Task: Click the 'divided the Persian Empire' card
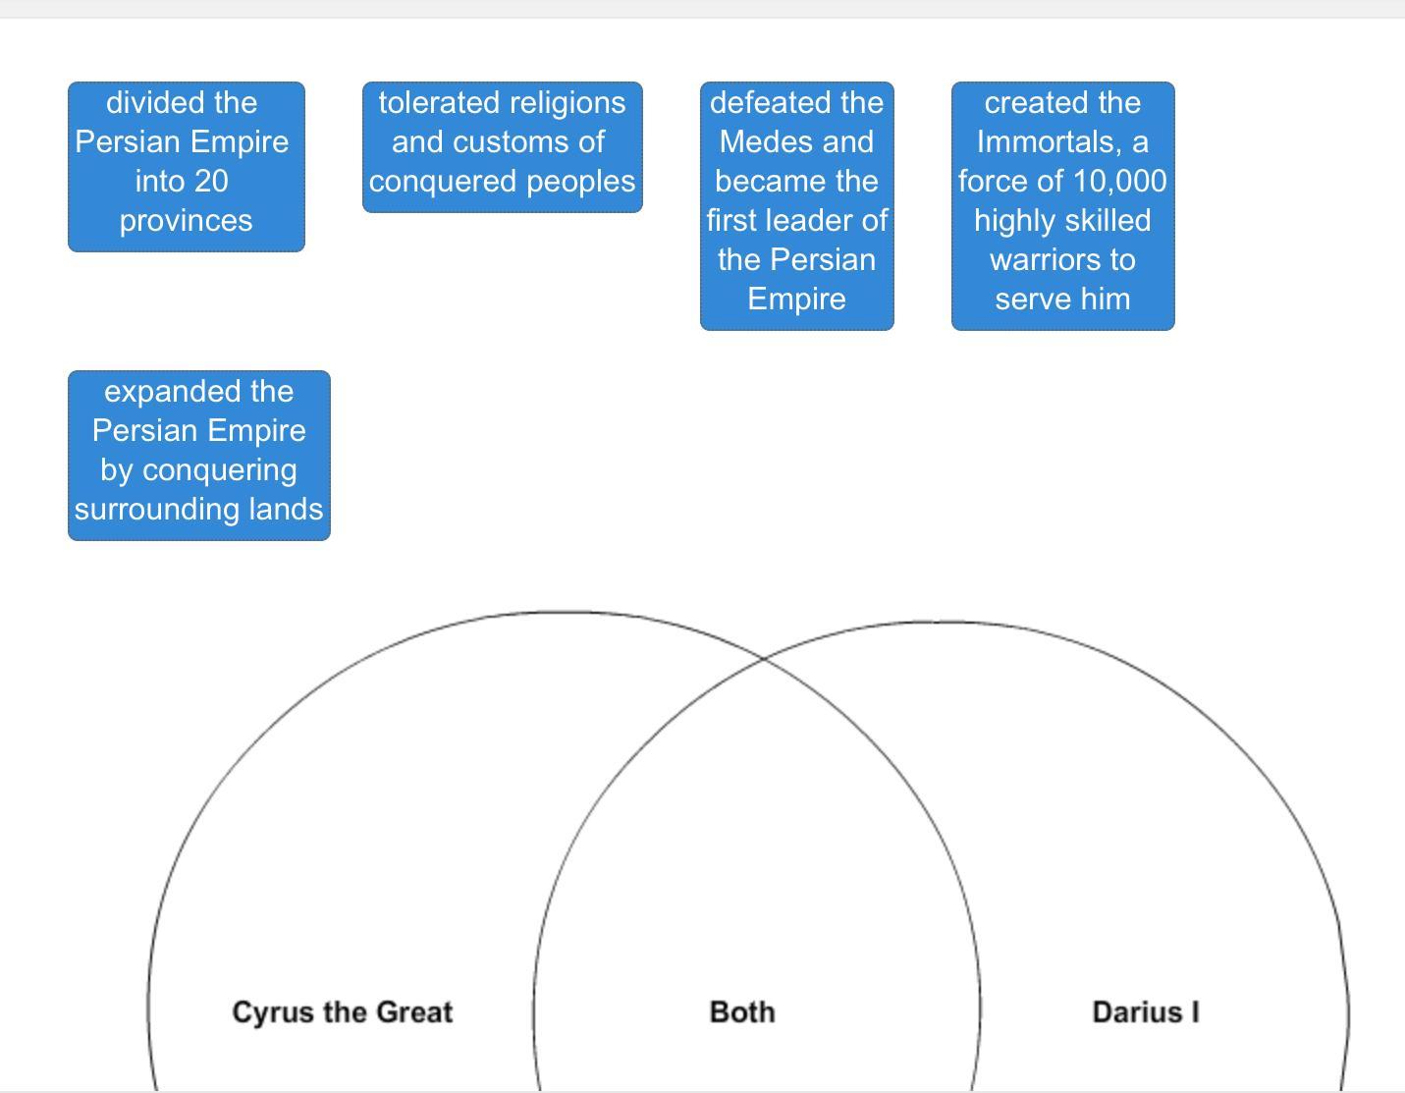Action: click(x=187, y=166)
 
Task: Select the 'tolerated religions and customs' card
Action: click(x=503, y=146)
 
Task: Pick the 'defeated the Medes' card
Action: click(x=796, y=205)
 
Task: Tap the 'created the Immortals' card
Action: click(x=1063, y=205)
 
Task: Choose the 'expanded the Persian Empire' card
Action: click(x=199, y=456)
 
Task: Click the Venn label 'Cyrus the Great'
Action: click(x=342, y=1012)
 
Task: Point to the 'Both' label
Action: click(x=742, y=1012)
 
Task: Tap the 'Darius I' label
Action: click(x=1146, y=1012)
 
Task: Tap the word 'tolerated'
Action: click(x=439, y=103)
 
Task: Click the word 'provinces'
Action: click(x=187, y=222)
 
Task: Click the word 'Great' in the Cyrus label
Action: click(x=415, y=1012)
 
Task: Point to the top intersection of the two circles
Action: click(x=764, y=658)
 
